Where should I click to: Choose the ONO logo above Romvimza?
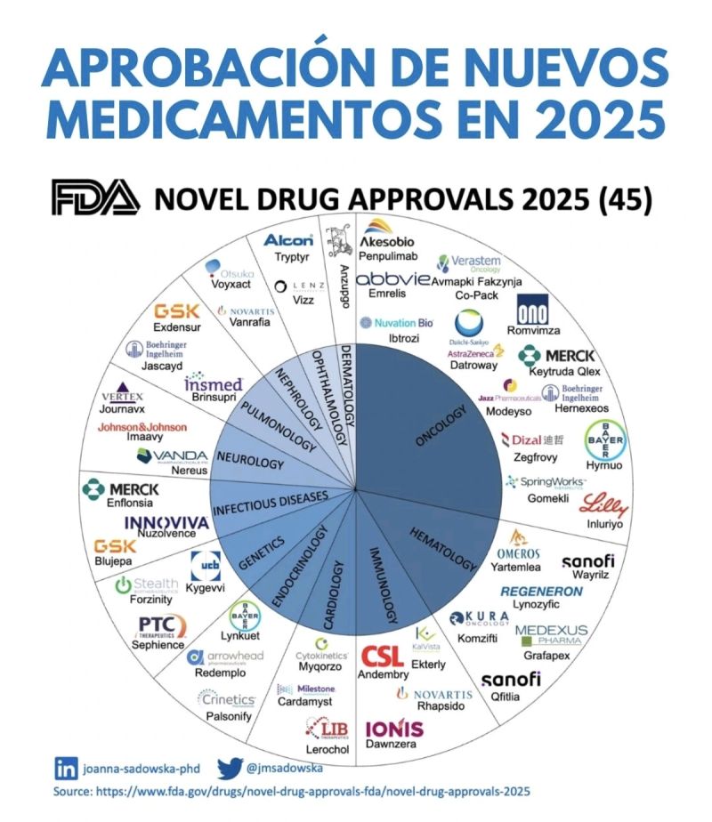pyautogui.click(x=536, y=315)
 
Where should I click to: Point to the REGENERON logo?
pyautogui.click(x=541, y=591)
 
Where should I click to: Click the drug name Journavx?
pyautogui.click(x=122, y=411)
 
